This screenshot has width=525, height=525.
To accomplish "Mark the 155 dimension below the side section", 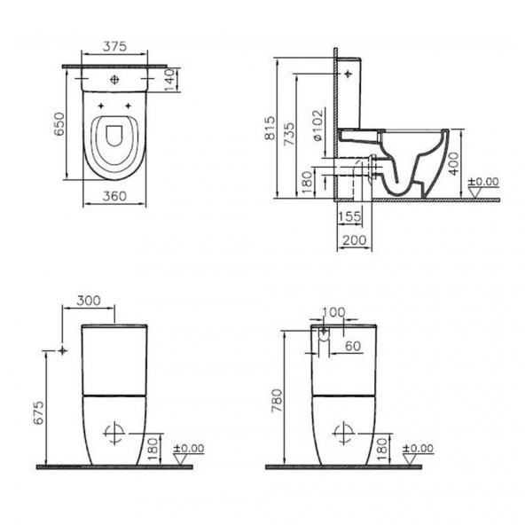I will pos(349,215).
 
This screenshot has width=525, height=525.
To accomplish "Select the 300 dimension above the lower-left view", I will pos(89,302).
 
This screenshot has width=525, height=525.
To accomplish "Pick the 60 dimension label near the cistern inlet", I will pos(352,347).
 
